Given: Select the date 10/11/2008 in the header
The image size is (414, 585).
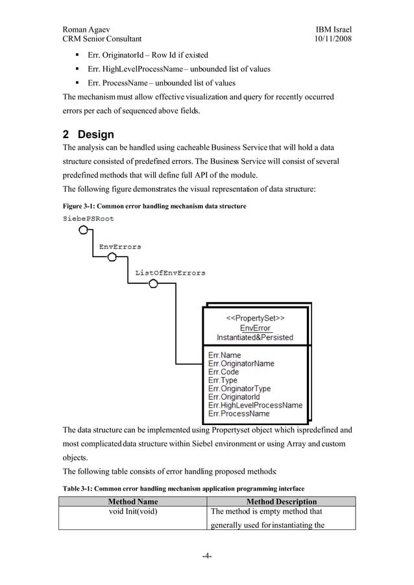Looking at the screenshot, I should click(333, 40).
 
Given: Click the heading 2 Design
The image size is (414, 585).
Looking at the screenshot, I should click(88, 135).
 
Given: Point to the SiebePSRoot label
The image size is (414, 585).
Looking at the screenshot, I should click(88, 219).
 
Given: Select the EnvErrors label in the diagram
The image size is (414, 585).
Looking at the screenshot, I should click(120, 247).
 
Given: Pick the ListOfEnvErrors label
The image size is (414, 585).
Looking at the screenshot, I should click(170, 273).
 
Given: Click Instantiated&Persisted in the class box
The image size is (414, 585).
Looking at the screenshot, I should click(255, 338).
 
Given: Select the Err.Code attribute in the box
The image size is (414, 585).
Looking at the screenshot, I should click(223, 372).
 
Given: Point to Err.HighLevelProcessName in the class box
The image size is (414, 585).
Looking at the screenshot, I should click(255, 405).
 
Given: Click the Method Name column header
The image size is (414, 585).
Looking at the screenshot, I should click(132, 501).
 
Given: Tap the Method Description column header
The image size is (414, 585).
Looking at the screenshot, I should click(281, 501).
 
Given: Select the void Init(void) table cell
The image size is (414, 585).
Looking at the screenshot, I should click(132, 511).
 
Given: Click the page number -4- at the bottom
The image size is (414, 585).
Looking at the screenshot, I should click(206, 556).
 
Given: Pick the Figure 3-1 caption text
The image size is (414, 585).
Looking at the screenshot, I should click(154, 206).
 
